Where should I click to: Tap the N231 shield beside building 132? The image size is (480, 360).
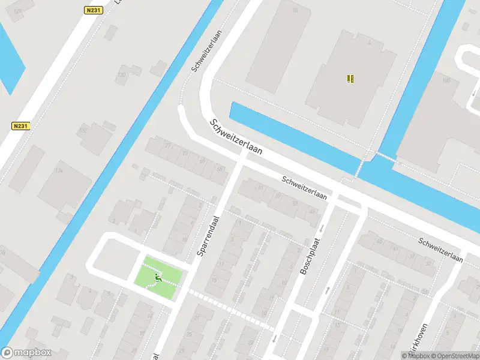point(20,126)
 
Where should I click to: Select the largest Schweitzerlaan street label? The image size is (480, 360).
point(236,137)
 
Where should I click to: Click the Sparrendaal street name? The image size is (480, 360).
point(208,235)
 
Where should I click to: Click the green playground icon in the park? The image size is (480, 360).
point(158,277)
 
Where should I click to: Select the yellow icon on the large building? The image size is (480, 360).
point(350,78)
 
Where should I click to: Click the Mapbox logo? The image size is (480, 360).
point(26,353)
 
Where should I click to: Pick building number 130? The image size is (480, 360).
point(122,75)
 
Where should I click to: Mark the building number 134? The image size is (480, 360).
point(58,171)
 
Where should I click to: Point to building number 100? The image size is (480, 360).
point(446,80)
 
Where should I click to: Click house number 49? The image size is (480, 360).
point(312,211)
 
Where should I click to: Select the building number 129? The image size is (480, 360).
point(17,11)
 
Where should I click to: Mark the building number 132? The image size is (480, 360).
point(83,130)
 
